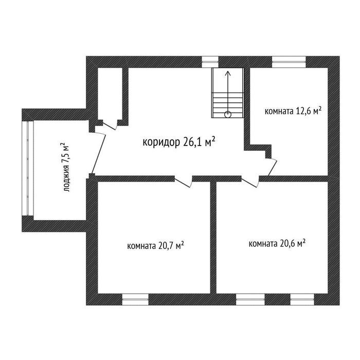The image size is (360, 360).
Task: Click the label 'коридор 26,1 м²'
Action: click(179, 142)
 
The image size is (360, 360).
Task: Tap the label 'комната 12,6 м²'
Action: click(293, 111)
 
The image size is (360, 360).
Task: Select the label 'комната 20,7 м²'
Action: click(155, 246)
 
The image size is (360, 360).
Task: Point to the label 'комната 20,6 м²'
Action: click(277, 243)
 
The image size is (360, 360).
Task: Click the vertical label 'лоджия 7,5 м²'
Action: click(65, 167)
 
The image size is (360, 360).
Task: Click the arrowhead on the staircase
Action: click(228, 74)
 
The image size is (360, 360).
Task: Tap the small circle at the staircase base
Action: click(228, 114)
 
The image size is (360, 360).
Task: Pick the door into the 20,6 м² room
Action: click(250, 182)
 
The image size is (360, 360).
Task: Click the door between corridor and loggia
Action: click(99, 154)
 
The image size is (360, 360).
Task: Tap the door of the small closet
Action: click(110, 125)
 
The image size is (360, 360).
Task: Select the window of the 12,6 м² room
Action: click(289, 62)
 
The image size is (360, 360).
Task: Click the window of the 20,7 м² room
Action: click(135, 299)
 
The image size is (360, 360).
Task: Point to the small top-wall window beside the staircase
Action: click(210, 62)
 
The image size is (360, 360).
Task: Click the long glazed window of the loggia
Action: click(28, 168)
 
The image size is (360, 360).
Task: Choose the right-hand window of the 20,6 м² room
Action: click(302, 299)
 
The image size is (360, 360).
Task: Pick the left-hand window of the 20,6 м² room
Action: click(250, 299)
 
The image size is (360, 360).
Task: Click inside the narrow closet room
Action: click(110, 94)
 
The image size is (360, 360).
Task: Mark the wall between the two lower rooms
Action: click(213, 238)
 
